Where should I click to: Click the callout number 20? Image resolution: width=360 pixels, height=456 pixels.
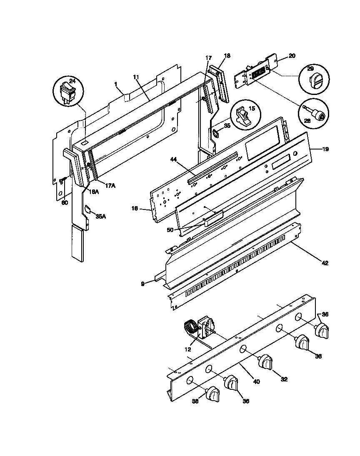(x=292, y=55)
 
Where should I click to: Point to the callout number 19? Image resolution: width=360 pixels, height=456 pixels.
(x=325, y=149)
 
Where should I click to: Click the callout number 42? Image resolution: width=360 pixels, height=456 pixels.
(x=325, y=263)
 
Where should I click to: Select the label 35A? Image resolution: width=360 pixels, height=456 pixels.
(x=100, y=216)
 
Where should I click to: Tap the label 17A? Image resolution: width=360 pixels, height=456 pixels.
(x=110, y=186)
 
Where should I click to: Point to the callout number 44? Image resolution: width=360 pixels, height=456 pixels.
(x=174, y=159)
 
